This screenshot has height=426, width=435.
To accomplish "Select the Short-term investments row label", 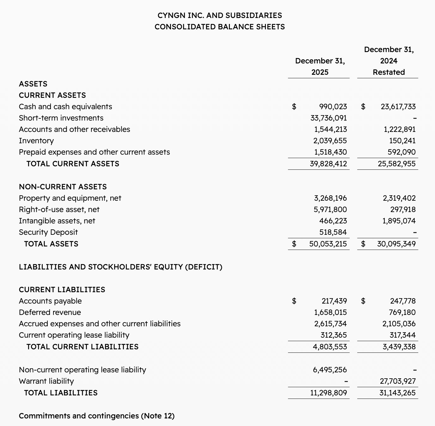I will [x=61, y=118].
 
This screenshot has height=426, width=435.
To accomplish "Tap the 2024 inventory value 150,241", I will [x=402, y=141].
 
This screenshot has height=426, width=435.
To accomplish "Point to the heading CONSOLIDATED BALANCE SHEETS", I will [x=220, y=27].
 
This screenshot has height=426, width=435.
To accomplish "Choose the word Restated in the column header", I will [x=389, y=72].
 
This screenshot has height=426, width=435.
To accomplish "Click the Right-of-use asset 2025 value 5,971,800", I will [x=330, y=210].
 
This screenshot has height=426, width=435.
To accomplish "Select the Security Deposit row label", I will [x=48, y=232].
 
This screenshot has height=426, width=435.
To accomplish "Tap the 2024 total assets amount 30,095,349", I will [x=396, y=244].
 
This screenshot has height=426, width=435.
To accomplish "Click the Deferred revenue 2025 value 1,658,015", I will [x=330, y=312].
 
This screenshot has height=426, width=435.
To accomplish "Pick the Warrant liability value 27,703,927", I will [x=397, y=381].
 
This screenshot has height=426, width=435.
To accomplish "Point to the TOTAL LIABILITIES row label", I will [x=61, y=393].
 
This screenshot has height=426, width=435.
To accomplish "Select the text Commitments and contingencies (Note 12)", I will [x=96, y=416].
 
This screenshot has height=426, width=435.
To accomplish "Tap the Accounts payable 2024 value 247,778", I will [x=402, y=301].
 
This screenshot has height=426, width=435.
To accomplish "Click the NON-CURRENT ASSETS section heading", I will [x=63, y=187].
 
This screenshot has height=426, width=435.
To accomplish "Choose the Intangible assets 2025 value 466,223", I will [x=333, y=221].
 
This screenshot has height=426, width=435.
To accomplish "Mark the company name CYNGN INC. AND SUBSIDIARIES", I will [x=220, y=15].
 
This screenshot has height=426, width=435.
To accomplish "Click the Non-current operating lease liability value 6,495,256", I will [x=330, y=370].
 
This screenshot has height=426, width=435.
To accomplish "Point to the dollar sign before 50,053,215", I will [x=294, y=244].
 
